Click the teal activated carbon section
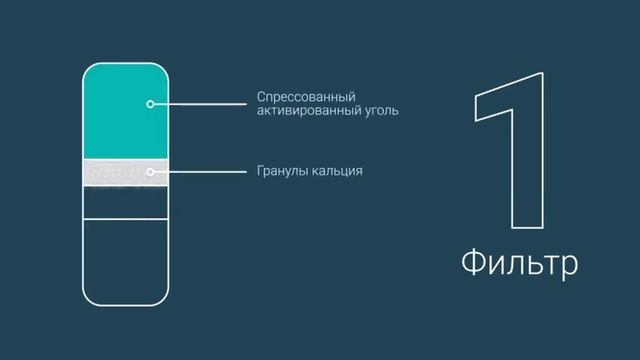tap(125, 110)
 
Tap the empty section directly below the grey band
tap(125, 202)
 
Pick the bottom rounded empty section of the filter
tap(125, 260)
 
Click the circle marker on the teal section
tap(150, 103)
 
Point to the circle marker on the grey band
tap(150, 171)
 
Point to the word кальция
tap(337, 171)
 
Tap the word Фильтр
tap(519, 265)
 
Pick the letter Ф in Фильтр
tap(474, 265)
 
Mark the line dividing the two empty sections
tap(125, 219)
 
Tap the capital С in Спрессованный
tap(261, 96)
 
